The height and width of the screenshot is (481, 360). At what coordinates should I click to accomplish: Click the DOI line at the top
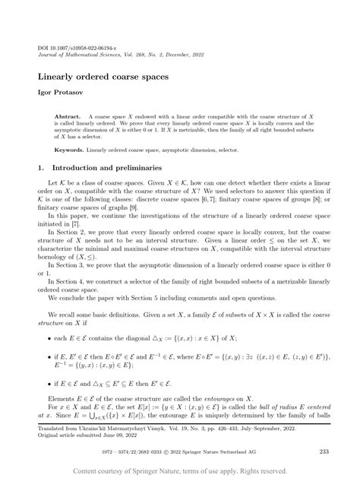[72, 47]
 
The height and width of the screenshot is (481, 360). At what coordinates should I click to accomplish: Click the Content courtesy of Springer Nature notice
[180, 471]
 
